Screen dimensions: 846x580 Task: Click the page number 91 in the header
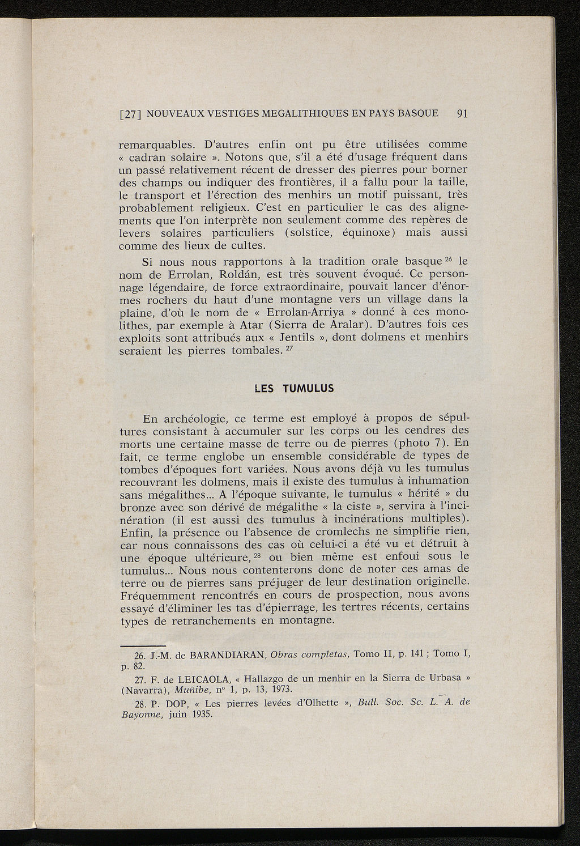(462, 113)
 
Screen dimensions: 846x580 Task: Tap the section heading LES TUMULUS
(295, 389)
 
